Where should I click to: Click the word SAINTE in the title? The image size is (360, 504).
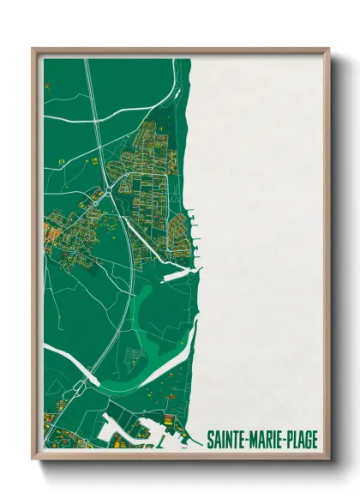point(227,439)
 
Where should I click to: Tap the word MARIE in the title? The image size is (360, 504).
point(267,439)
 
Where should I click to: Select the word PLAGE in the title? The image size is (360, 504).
point(308,439)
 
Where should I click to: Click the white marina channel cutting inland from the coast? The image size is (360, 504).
point(183,276)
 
